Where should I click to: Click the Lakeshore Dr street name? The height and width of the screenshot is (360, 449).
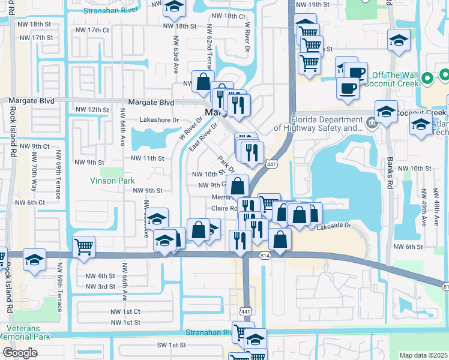point(160,120)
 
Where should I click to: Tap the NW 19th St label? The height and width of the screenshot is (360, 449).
point(312,5)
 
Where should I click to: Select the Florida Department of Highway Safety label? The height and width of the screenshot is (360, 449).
point(319,123)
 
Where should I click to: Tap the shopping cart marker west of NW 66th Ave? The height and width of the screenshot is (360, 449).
point(83,246)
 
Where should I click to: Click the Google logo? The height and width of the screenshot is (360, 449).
point(20,353)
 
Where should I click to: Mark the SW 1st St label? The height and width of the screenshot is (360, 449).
point(170,345)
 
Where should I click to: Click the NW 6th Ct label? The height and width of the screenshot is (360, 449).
point(32,203)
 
